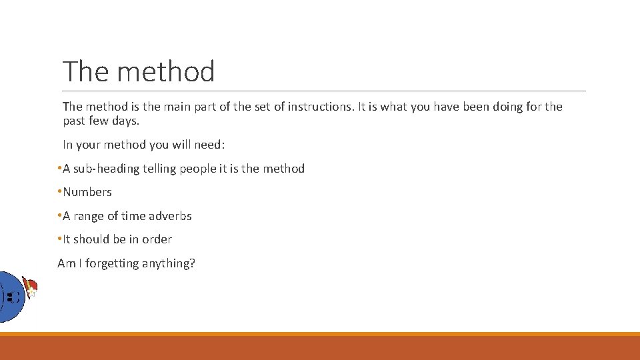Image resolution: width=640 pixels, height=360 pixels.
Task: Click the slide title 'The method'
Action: point(139,71)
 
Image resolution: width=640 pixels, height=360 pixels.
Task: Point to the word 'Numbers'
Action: point(87,192)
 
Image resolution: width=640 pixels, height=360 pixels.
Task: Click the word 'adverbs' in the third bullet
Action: point(170,216)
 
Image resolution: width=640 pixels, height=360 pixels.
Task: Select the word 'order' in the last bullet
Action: point(157,239)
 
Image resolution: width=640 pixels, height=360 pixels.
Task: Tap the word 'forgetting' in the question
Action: point(111,263)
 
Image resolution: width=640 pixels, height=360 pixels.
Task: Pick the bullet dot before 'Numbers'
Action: point(59,192)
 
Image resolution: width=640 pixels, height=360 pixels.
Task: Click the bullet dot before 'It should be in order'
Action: point(59,239)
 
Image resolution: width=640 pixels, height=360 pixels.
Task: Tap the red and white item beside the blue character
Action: point(30,288)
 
